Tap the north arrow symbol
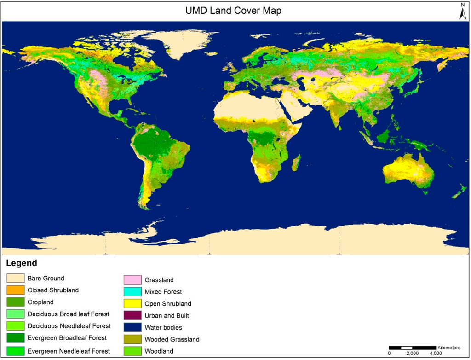463,12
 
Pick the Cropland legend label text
40,302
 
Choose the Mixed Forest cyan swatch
132,292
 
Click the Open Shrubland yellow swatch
132,304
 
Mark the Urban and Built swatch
132,316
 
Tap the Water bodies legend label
163,328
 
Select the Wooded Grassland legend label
172,340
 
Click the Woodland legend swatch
132,351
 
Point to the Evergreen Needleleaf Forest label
69,351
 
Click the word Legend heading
21,264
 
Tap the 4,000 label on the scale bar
436,354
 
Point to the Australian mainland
408,170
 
